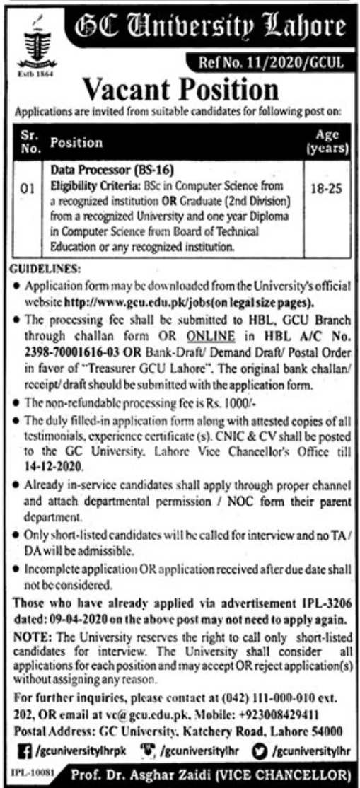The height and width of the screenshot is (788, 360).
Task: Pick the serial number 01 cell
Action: coord(27,190)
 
